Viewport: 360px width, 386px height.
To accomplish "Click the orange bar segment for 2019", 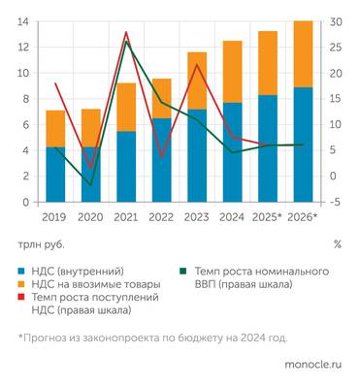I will pos(55,128).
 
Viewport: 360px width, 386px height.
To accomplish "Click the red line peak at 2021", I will pos(126,32).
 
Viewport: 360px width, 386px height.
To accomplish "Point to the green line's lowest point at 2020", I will pos(90,184).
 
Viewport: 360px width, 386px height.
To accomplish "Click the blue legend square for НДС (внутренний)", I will pos(22,271).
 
